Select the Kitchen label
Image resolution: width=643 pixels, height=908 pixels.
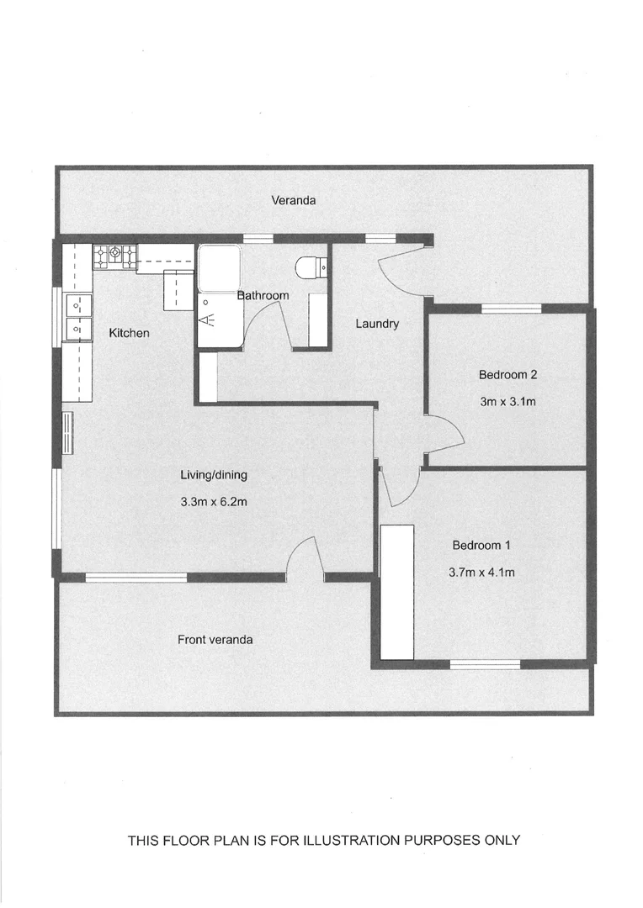pyautogui.click(x=130, y=333)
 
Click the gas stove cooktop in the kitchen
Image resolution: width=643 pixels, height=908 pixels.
pyautogui.click(x=114, y=256)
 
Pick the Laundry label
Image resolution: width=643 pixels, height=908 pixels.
pyautogui.click(x=376, y=324)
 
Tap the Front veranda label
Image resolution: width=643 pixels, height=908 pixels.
pyautogui.click(x=215, y=639)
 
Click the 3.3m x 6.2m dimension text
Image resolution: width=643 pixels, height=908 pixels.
pyautogui.click(x=213, y=502)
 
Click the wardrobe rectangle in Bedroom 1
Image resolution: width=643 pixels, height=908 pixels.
pyautogui.click(x=397, y=591)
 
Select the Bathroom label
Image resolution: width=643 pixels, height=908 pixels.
pyautogui.click(x=263, y=295)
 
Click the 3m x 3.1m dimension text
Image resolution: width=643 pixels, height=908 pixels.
pyautogui.click(x=507, y=402)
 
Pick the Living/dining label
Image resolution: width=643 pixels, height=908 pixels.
pyautogui.click(x=214, y=475)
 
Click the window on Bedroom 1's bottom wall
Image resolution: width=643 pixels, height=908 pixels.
pyautogui.click(x=485, y=664)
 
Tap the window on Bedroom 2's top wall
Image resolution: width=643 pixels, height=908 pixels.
pyautogui.click(x=511, y=309)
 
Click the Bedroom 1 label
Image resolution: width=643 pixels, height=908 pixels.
pyautogui.click(x=481, y=545)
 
